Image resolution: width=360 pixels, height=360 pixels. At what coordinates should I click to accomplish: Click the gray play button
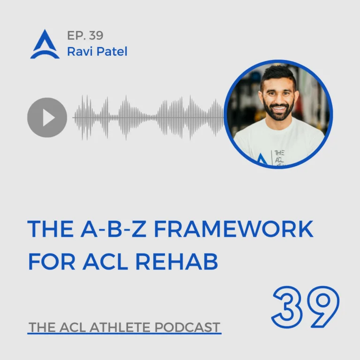[x=47, y=118]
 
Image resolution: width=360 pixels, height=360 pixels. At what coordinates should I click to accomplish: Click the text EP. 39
[x=85, y=35]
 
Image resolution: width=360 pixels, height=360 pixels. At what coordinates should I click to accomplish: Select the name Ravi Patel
[x=97, y=51]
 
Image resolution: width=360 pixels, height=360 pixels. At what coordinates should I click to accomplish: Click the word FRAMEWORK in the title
[x=233, y=229]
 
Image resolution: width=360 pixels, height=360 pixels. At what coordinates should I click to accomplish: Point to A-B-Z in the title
[x=113, y=229]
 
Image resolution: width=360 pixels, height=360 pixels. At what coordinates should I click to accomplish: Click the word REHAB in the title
[x=177, y=261]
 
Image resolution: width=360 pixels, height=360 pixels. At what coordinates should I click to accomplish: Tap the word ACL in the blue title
[x=105, y=261]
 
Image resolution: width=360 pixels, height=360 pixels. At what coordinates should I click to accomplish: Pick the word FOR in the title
[x=52, y=261]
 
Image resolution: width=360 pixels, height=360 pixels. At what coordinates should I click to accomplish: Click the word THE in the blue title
[x=51, y=229]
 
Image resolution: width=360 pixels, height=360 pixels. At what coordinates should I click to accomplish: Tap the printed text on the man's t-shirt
[x=279, y=157]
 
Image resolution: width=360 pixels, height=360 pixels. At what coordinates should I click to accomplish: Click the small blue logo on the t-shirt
[x=261, y=159]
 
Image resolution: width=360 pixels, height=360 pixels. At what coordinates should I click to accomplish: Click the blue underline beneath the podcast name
[x=124, y=333]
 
